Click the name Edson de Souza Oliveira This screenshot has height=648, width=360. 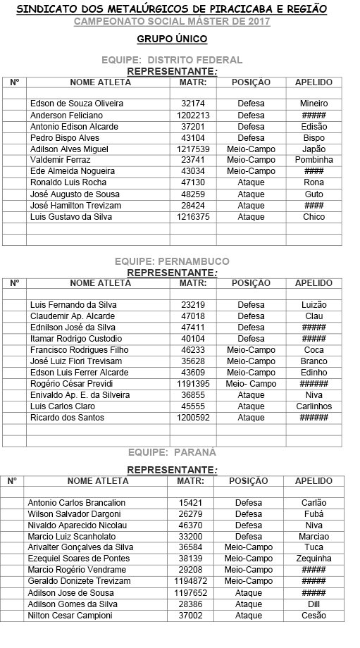(x=77, y=104)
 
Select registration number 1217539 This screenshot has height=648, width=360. (x=192, y=149)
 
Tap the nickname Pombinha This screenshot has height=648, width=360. (x=314, y=160)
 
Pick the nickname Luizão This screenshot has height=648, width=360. (x=314, y=305)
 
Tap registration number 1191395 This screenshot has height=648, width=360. (x=192, y=384)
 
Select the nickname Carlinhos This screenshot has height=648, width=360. (x=314, y=406)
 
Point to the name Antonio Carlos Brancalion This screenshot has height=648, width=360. (x=76, y=503)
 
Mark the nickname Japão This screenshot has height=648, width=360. (x=314, y=149)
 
